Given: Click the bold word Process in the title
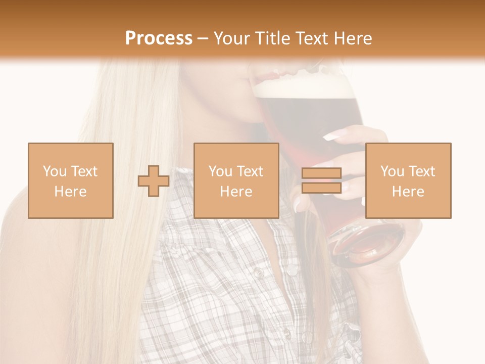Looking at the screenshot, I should [159, 38].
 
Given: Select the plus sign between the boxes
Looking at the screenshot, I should [154, 181].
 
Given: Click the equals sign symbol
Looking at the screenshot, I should [321, 180].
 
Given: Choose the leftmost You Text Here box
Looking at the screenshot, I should [70, 180].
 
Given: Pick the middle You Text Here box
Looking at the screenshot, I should [236, 180].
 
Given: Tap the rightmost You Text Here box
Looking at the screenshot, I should [408, 180].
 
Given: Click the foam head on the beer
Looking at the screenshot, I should [303, 87].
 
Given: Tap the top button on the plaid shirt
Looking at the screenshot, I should [259, 273].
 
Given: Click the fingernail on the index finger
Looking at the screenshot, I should [331, 135].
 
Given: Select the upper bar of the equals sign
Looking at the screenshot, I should [321, 173].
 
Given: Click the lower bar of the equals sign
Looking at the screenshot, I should [321, 188].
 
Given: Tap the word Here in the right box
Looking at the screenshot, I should [408, 192].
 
